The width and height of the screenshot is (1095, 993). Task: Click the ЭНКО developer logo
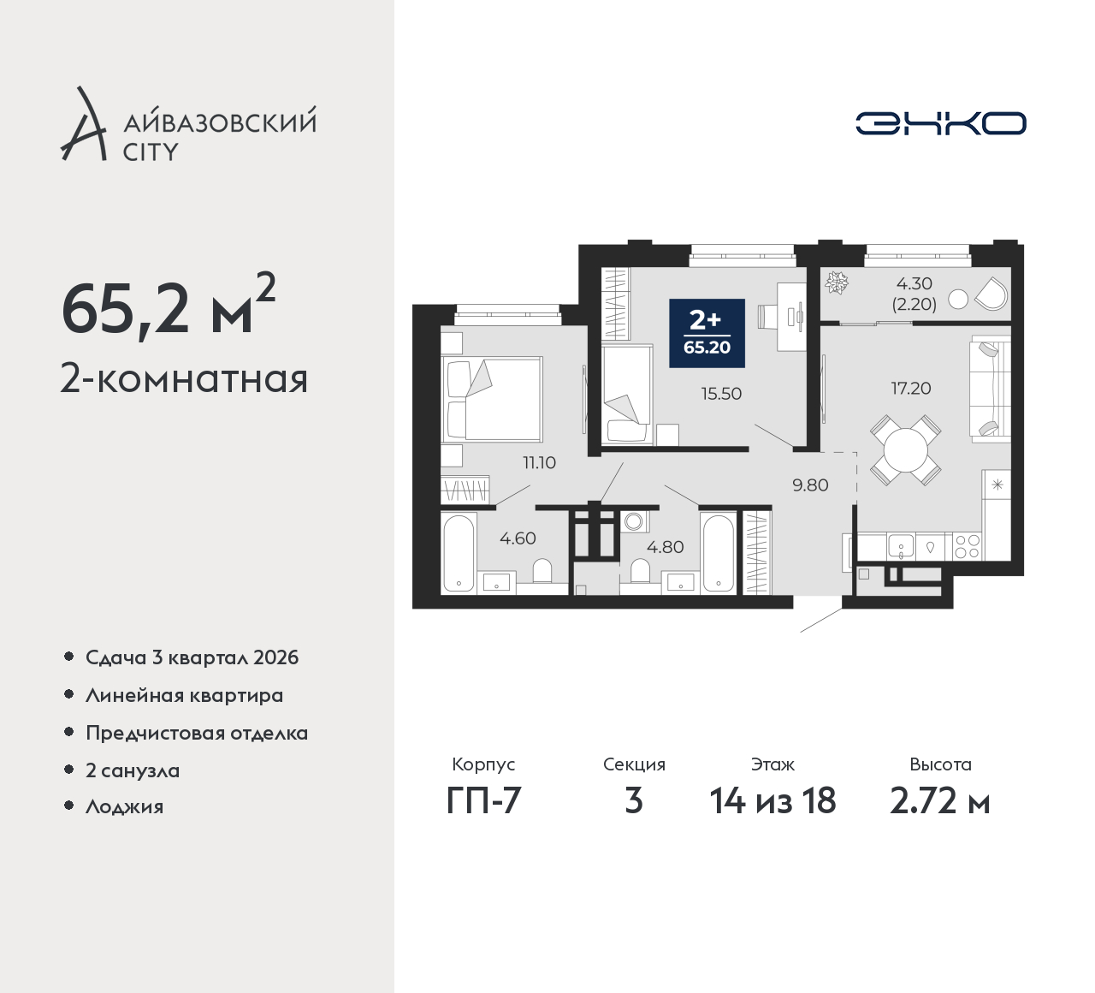940,123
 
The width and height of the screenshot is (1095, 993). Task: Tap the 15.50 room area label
721,394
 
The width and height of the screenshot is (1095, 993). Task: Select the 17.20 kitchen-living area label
911,389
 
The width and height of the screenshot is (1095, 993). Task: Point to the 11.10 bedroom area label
539,462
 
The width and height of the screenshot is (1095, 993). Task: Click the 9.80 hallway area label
811,485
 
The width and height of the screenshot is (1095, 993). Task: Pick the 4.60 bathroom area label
518,538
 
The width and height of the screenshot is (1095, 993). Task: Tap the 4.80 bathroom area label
666,547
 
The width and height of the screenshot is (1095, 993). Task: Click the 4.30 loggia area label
914,284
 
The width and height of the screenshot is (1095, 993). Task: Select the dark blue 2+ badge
707,333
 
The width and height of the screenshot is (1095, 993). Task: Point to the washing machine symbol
634,521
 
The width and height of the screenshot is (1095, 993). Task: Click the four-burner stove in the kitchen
967,547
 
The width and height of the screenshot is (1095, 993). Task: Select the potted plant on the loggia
838,283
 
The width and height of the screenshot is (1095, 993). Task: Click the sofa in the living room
990,389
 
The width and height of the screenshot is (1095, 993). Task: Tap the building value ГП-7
484,801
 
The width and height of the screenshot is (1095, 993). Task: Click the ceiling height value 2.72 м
940,801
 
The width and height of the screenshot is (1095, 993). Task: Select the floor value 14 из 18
773,801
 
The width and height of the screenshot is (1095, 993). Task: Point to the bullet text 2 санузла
133,770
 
